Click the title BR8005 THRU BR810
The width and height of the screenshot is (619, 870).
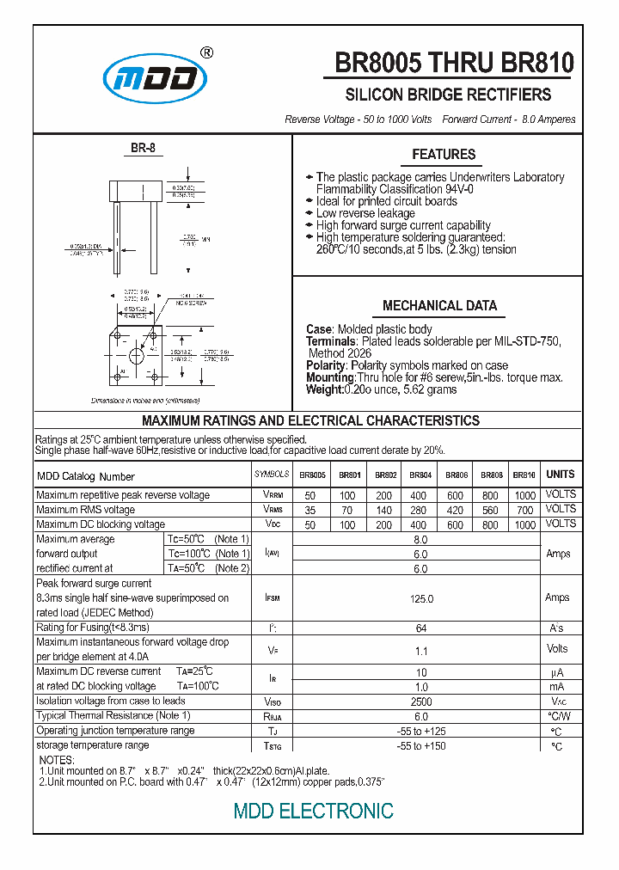point(453,64)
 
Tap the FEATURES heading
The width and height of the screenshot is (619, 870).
point(444,155)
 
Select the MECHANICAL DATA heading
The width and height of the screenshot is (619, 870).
point(439,306)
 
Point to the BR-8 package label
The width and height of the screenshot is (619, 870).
point(143,148)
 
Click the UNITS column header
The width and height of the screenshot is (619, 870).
point(560,475)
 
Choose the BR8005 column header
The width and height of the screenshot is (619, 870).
point(312,475)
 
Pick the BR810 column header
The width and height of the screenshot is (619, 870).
point(524,475)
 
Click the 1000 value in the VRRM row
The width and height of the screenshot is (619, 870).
point(524,495)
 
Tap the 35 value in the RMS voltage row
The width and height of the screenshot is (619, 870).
point(310,510)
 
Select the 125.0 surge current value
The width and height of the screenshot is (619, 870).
point(420,598)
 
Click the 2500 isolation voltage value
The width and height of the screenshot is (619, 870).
point(420,702)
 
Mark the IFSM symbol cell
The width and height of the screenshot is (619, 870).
point(273,598)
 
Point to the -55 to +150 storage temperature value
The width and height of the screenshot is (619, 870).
point(420,745)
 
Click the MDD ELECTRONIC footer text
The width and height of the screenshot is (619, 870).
point(314,811)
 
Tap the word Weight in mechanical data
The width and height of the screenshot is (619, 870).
point(322,389)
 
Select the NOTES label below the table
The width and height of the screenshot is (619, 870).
point(57,760)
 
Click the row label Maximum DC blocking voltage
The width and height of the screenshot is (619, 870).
point(101,524)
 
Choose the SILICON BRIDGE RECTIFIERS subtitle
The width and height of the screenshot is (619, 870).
point(448,95)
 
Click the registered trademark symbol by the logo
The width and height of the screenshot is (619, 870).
point(206,52)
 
